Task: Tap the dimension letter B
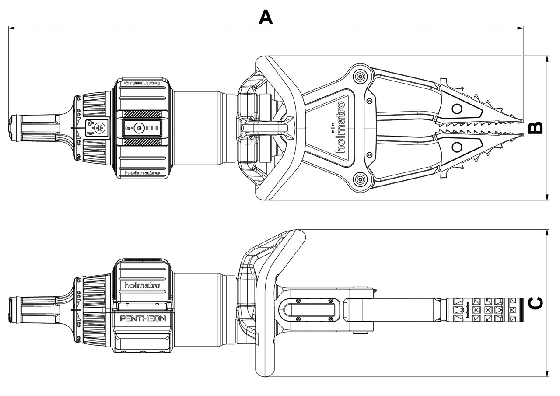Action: (535, 127)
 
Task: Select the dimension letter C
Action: (535, 303)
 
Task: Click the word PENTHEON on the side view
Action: (143, 319)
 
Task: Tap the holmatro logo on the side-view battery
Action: (142, 285)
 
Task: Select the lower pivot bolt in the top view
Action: (360, 179)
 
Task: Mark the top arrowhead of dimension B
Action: (547, 59)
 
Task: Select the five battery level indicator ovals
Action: (152, 128)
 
